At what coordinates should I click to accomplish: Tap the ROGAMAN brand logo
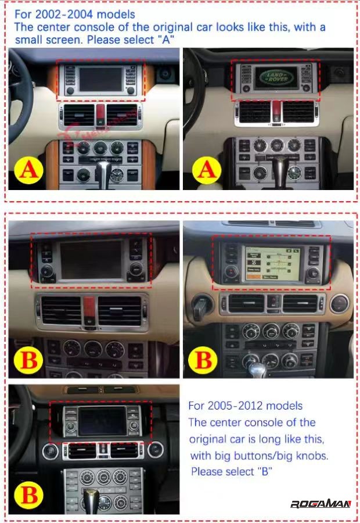[x=321, y=503]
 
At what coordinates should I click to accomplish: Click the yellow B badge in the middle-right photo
[x=204, y=360]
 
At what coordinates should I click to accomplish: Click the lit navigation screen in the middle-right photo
[x=268, y=264]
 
